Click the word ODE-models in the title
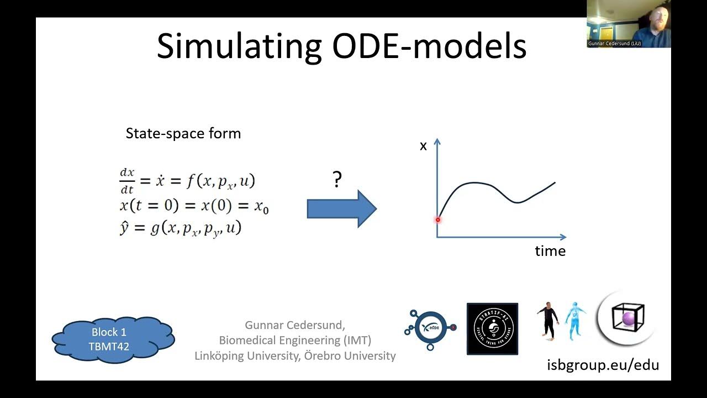(x=429, y=46)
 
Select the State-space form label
(x=183, y=134)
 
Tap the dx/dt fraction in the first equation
(x=127, y=181)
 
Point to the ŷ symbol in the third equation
(x=124, y=228)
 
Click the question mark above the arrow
(x=337, y=180)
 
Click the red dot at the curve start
(x=437, y=219)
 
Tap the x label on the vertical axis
(x=424, y=146)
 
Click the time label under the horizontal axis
(x=550, y=251)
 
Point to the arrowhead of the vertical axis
(x=437, y=142)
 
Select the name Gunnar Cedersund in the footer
(x=295, y=325)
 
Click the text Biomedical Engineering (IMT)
(x=295, y=340)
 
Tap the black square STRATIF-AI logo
(x=492, y=328)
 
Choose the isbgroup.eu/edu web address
(x=603, y=365)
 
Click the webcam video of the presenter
(x=629, y=24)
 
